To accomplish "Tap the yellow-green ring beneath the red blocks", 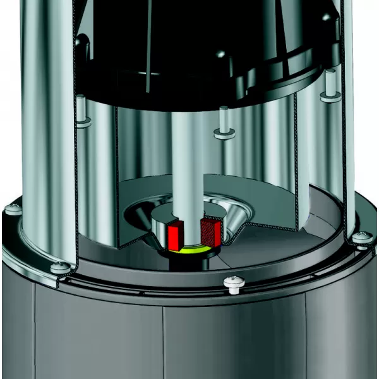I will [189, 251].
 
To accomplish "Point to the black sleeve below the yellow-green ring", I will [189, 260].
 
